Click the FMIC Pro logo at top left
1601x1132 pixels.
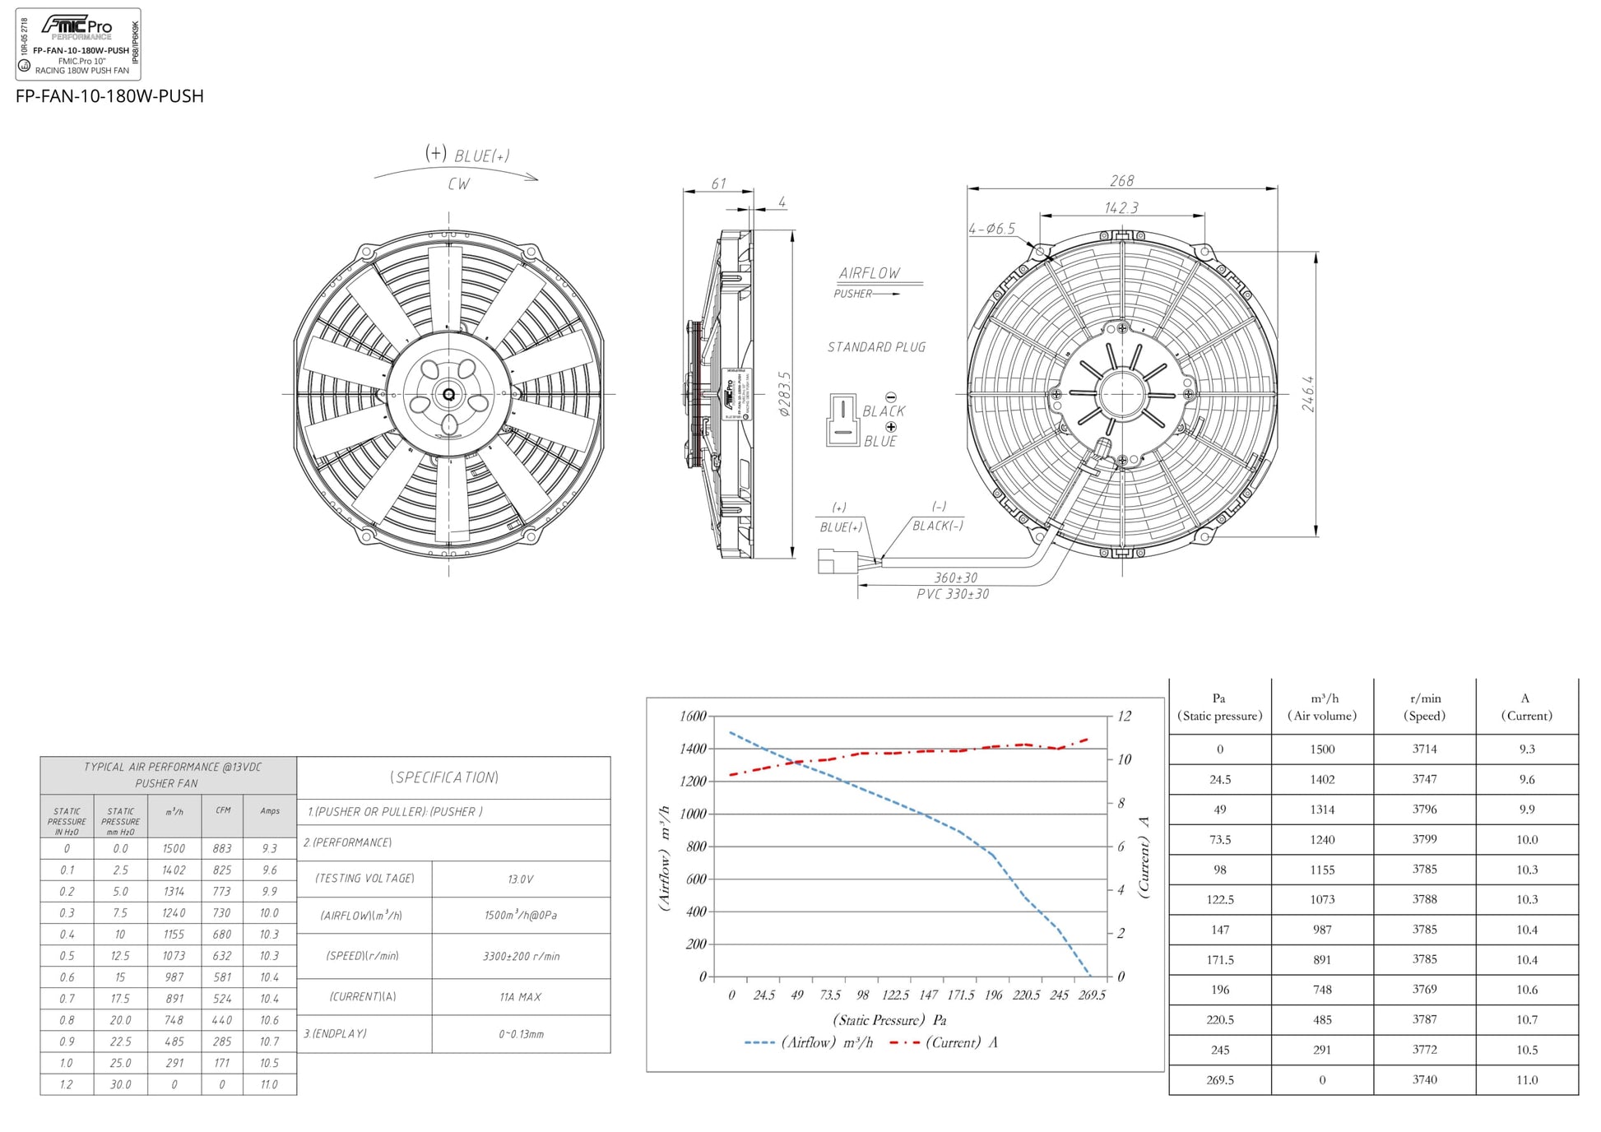[77, 26]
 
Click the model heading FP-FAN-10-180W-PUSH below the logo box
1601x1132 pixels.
[109, 96]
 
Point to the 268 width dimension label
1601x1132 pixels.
[1121, 180]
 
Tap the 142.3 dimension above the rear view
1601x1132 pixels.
[1121, 207]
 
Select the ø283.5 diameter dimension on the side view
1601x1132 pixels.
[785, 393]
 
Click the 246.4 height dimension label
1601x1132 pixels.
[1308, 393]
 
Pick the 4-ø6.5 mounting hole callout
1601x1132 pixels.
[991, 229]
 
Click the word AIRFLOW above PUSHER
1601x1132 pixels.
[869, 273]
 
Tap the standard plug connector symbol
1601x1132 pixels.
[842, 420]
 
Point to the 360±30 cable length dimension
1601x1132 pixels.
[955, 578]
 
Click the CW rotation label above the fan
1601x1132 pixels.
[459, 184]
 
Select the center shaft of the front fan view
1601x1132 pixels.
[448, 395]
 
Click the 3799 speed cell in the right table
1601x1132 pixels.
[1424, 839]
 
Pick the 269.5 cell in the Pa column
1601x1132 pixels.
[1219, 1079]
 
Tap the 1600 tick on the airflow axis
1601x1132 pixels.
[693, 716]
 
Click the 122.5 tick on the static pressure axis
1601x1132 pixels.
[895, 995]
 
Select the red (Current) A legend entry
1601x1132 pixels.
[944, 1042]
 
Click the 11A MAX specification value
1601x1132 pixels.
[520, 996]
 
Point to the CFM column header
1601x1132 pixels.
[222, 810]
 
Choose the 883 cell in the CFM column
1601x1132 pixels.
[222, 848]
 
